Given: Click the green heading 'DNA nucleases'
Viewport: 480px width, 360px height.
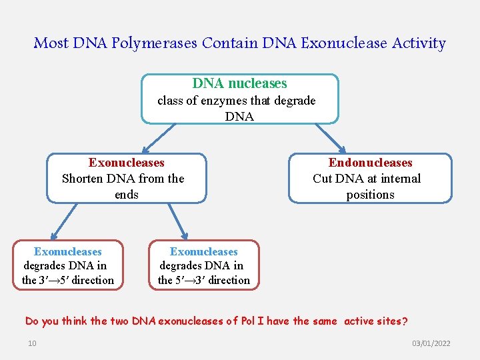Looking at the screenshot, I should tap(239, 83).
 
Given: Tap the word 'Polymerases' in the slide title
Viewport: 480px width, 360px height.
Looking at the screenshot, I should tap(155, 43).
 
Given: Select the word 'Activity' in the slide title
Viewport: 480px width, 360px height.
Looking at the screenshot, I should tap(419, 43).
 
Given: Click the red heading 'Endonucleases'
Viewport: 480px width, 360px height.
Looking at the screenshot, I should tap(370, 163).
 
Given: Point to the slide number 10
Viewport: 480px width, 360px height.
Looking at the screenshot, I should tap(32, 343).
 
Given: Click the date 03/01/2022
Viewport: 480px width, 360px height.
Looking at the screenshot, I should tap(431, 343).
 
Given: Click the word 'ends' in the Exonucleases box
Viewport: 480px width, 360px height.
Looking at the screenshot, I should tap(127, 195).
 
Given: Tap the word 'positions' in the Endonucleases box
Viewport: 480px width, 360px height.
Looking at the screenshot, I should tap(370, 195).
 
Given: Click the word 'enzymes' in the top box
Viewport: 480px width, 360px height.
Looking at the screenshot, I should tap(221, 101).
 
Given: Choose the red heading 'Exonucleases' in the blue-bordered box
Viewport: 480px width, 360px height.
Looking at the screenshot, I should tap(127, 163).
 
